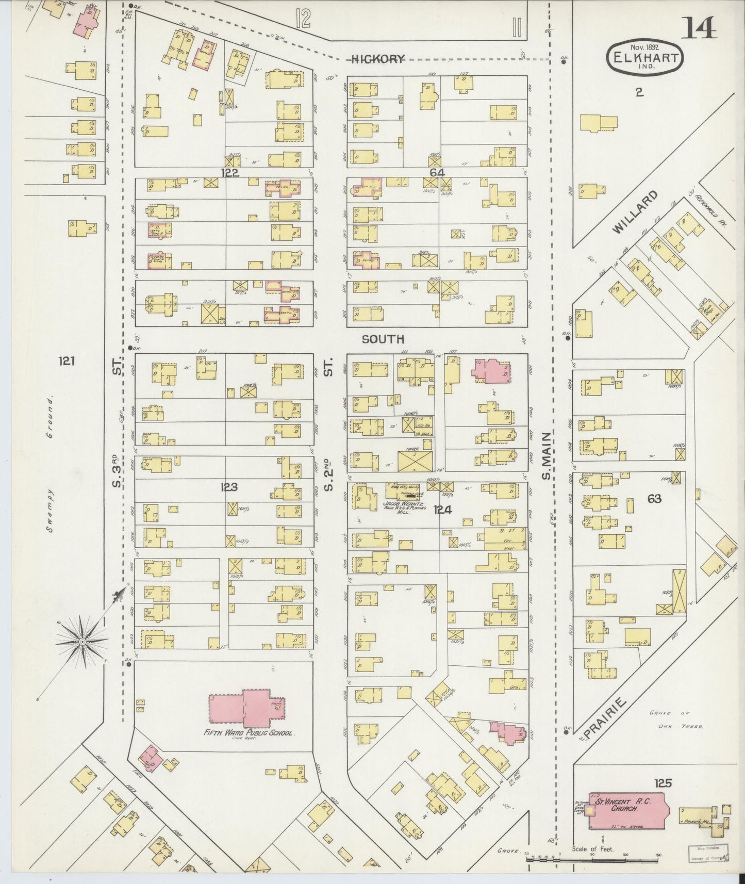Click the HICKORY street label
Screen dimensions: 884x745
377,59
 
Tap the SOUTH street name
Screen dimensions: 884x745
383,339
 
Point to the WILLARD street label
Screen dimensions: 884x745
636,212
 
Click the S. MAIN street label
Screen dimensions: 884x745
547,456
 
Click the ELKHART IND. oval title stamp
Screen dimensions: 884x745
645,58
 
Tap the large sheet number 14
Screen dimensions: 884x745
700,28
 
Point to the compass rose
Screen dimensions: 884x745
82,642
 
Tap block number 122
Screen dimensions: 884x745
229,173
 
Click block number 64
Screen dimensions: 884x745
437,173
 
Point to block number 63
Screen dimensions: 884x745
655,499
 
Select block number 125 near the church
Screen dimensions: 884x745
663,783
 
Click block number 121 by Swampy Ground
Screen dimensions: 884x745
66,361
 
